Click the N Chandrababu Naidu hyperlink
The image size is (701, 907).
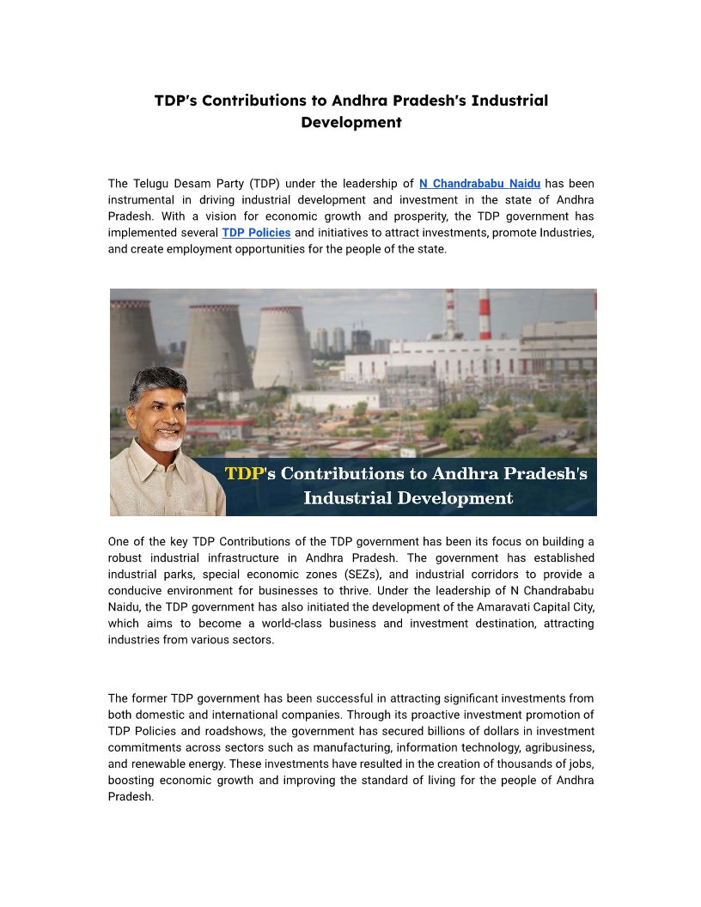pyautogui.click(x=479, y=183)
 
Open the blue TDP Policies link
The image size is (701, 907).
pyautogui.click(x=256, y=233)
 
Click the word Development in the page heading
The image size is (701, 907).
pyautogui.click(x=350, y=122)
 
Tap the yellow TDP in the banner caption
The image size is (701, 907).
pyautogui.click(x=244, y=473)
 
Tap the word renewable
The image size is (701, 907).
pyautogui.click(x=155, y=747)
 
